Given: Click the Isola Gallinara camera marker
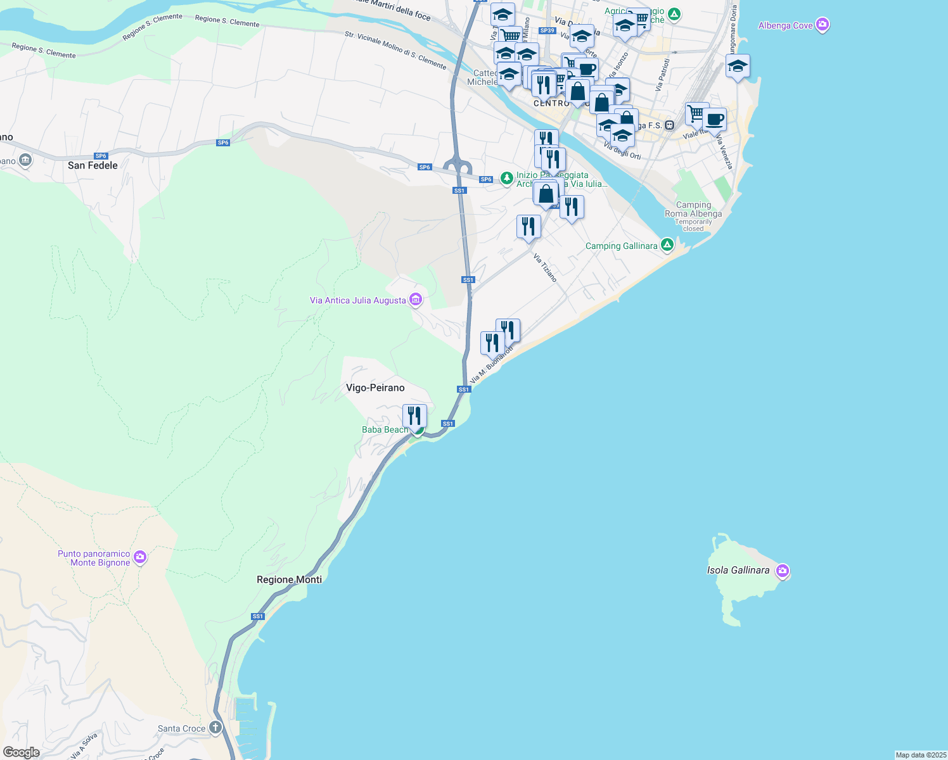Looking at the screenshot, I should coord(783,571).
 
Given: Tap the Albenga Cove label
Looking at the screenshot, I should coord(786,26).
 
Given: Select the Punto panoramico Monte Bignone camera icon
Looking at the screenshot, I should coord(140,558).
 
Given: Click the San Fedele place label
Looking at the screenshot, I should coord(93,165).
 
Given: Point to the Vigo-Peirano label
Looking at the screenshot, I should coord(375,388).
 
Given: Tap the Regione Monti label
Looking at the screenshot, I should coord(289,579).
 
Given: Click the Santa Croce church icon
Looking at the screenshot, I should coord(215,727).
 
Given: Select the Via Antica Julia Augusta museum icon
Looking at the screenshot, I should coord(416,300).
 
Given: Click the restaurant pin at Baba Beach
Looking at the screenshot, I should coord(414,417).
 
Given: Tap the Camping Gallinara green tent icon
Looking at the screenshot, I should coord(667,245).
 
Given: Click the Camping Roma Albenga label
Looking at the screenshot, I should coord(693,210).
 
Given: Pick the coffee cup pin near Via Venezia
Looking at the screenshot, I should coord(714,120).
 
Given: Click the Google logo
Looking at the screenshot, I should coord(22,752).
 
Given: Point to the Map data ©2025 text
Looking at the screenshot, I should coord(920,755).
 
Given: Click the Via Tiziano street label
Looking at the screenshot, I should coord(545,268).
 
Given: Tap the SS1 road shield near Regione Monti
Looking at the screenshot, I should coord(257,616).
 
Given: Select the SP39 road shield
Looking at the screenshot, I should coord(547,30).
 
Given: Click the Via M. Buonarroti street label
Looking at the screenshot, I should coord(491,365).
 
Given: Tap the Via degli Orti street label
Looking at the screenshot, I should coord(622,151).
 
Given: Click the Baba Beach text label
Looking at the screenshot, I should coord(385,430).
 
